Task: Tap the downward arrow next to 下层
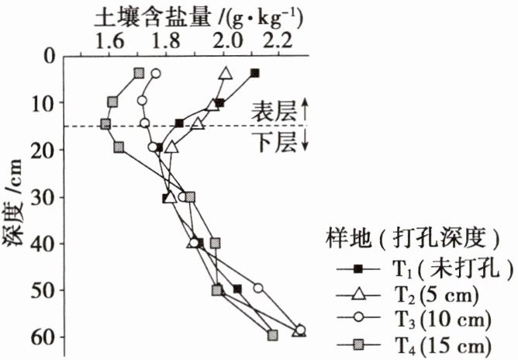pos(305,143)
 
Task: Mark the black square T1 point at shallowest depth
pos(254,73)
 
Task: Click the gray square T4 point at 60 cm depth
pos(272,335)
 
